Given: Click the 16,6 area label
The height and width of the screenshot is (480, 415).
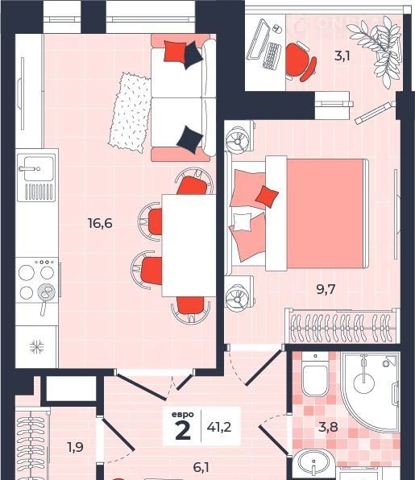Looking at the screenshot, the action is (100, 223).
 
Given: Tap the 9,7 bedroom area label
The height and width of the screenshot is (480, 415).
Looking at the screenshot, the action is (326, 289).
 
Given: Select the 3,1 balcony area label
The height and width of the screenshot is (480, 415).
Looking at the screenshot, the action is (342, 56).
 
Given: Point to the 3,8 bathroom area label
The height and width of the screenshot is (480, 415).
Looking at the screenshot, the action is (328, 427).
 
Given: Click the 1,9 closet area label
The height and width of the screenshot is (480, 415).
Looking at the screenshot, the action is (75, 447).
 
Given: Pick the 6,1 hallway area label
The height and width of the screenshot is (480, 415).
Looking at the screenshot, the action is (201, 467).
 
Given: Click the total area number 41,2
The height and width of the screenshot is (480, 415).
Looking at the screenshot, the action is (219, 427).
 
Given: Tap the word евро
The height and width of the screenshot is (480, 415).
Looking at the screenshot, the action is (183, 415).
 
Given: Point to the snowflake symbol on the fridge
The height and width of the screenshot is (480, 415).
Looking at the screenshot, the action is (37, 347).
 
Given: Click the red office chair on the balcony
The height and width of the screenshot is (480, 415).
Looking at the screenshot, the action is (299, 62).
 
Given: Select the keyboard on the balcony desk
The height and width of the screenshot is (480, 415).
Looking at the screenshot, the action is (272, 56).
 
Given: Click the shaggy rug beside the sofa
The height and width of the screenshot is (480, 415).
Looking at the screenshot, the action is (131, 112).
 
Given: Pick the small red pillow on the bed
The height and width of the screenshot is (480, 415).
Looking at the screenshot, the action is (267, 195).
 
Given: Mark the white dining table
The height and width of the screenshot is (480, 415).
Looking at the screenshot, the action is (189, 246).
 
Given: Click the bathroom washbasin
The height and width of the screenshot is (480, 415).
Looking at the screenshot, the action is (314, 463).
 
